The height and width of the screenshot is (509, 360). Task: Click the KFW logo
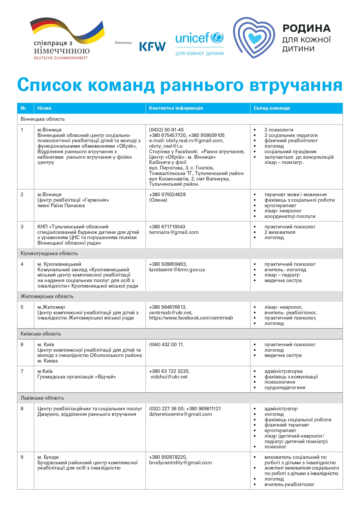(152, 46)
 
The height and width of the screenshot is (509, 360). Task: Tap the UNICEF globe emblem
(217, 38)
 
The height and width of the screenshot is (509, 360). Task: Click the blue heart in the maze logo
(255, 38)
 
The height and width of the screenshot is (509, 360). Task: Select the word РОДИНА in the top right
(307, 28)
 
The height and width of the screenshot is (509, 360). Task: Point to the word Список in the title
(50, 85)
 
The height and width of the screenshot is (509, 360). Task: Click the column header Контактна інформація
(176, 108)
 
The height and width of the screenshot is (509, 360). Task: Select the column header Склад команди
(272, 108)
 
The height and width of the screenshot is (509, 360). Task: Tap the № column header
(23, 108)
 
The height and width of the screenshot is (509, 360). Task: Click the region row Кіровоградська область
(49, 253)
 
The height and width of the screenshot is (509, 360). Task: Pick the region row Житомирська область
(47, 296)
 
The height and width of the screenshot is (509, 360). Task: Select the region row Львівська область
(42, 398)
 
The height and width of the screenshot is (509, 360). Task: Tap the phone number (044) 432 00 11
(166, 344)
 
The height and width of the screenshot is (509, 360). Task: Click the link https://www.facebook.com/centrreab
(191, 318)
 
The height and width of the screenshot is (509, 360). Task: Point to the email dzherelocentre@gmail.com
(180, 414)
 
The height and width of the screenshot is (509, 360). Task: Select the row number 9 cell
(22, 457)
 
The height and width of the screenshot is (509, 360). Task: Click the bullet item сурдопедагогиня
(285, 387)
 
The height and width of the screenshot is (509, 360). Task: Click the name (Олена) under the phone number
(158, 200)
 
